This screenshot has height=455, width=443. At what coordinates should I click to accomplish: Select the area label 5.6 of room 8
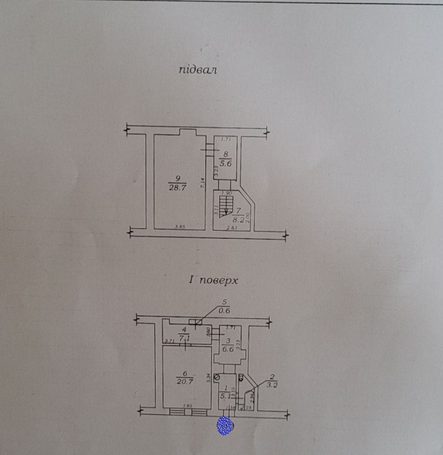click(x=226, y=163)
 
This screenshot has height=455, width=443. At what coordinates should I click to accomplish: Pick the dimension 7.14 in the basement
click(x=202, y=183)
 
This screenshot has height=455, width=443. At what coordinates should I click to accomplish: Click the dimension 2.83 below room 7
click(x=232, y=227)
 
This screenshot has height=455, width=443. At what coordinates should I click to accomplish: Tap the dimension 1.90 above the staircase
click(x=227, y=193)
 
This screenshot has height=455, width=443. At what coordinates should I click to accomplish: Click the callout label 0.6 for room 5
click(x=224, y=311)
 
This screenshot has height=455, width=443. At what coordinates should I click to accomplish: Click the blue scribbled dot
click(x=225, y=425)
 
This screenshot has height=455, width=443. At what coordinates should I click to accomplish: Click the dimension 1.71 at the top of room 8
click(x=227, y=139)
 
